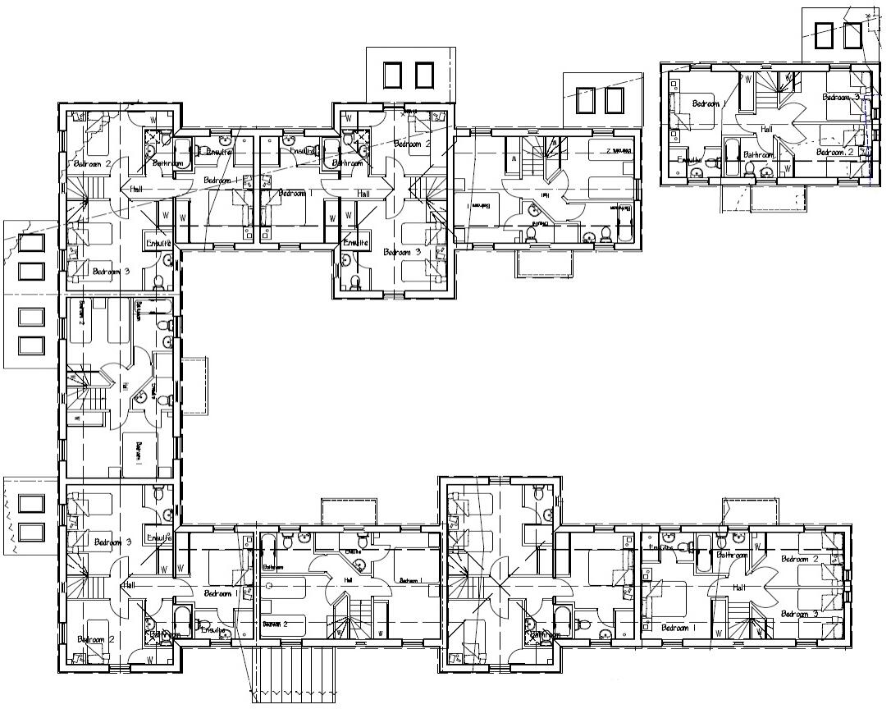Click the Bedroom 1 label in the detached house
[709, 104]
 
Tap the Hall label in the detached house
[767, 129]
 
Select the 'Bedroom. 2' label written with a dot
[835, 153]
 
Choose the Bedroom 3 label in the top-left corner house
[110, 272]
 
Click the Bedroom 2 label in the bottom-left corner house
[96, 639]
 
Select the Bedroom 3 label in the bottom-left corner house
[112, 542]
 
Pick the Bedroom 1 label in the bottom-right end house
[680, 629]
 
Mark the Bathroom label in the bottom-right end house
[732, 555]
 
